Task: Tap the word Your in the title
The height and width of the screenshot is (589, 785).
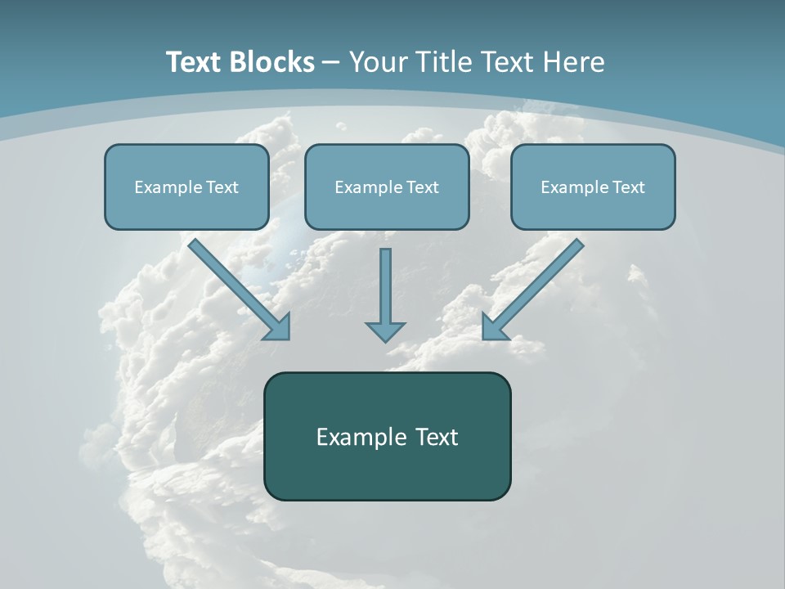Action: pyautogui.click(x=377, y=62)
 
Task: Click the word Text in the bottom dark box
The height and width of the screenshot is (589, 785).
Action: pyautogui.click(x=437, y=437)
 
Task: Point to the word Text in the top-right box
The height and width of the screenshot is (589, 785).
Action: pyautogui.click(x=628, y=187)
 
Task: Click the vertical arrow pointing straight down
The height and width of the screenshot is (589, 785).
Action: pyautogui.click(x=385, y=286)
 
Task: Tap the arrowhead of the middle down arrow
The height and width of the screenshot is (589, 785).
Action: pyautogui.click(x=385, y=331)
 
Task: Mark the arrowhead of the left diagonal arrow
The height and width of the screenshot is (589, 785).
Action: pyautogui.click(x=278, y=327)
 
